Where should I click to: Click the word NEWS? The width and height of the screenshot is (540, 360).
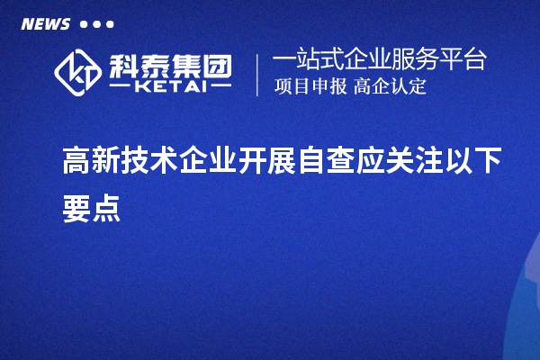tap(45, 23)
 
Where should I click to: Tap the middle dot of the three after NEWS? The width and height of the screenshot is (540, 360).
tap(96, 24)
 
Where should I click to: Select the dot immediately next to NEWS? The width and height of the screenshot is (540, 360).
tap(84, 24)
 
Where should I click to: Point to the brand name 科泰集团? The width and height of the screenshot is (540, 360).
tap(168, 64)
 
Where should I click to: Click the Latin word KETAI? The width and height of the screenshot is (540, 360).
tap(169, 86)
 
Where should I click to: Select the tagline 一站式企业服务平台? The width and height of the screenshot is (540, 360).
tap(379, 60)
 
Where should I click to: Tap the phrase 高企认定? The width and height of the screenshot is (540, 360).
tap(390, 87)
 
